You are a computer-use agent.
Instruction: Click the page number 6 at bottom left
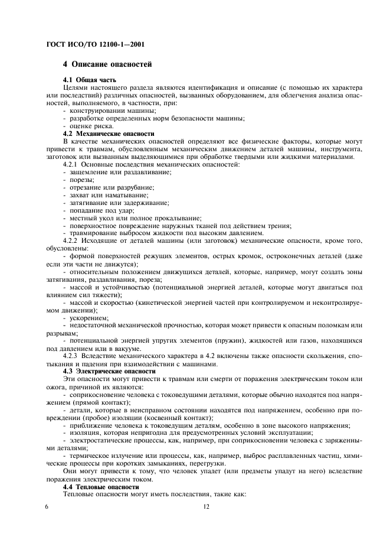point(47,507)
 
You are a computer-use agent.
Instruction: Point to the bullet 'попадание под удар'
point(101,210)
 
